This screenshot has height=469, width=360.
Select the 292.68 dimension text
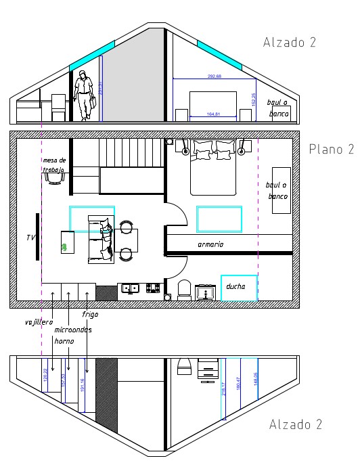tap(215, 76)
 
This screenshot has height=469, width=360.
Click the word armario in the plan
tap(210, 244)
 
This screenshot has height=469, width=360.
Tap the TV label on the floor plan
tap(30, 238)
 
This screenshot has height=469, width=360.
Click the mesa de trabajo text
tap(53, 165)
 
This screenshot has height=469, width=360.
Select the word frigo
tap(90, 315)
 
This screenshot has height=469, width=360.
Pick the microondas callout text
tap(73, 330)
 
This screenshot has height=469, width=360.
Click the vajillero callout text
tap(39, 322)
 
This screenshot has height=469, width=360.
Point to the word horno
tap(64, 341)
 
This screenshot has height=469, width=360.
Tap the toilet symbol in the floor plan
tap(183, 290)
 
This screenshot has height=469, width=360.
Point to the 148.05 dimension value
tap(255, 380)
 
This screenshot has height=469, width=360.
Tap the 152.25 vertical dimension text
tap(253, 99)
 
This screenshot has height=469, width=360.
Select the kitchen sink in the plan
tap(130, 288)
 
